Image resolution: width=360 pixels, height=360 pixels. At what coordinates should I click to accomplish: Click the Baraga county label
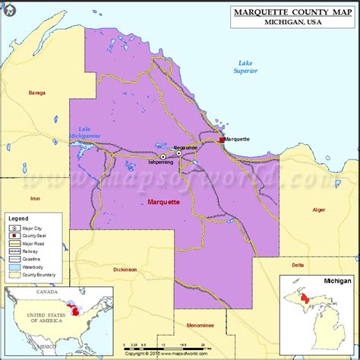pos(36,93)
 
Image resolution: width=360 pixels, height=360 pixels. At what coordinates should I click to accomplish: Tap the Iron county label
pos(34,198)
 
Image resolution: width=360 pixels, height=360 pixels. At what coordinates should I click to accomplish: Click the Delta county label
pos(298,265)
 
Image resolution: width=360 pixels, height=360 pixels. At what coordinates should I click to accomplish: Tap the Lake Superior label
pos(245,66)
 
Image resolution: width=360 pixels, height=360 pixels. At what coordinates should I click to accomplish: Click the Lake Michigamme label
pos(85,132)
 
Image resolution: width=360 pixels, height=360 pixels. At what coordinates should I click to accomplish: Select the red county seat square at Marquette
pos(222,140)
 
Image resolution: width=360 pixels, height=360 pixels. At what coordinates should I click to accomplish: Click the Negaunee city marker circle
pos(179,153)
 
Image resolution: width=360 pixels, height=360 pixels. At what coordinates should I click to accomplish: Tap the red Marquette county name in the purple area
pos(163,202)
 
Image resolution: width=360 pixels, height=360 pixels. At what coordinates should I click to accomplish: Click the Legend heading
pos(18,218)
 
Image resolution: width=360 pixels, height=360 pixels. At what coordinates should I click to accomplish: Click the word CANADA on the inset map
pos(47,292)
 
